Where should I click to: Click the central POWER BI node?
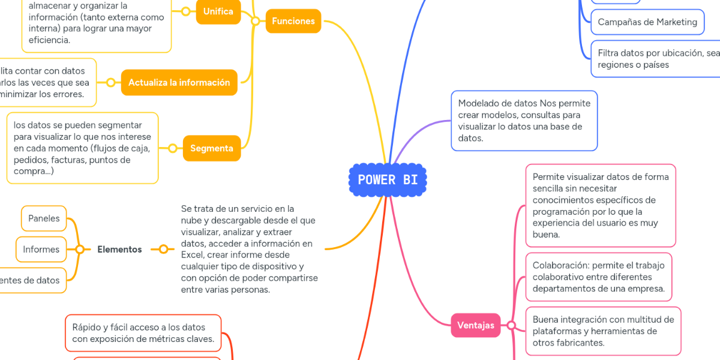click(388, 180)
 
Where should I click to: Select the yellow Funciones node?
click(293, 21)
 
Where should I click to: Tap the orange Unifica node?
click(218, 11)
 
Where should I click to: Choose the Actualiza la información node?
click(179, 83)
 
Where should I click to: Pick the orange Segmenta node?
click(211, 148)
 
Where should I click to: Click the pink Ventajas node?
click(475, 325)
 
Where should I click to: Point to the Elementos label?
click(119, 250)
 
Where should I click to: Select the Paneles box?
click(44, 218)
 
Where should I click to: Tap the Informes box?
click(41, 250)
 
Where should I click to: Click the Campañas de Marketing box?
click(647, 22)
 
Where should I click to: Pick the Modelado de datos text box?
click(524, 121)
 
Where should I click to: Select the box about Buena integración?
click(603, 331)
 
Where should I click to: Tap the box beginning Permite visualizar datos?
click(601, 206)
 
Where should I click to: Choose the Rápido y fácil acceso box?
click(143, 333)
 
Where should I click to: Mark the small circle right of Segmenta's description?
click(172, 148)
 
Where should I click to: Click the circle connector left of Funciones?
click(256, 21)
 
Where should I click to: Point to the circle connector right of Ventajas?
click(511, 325)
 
